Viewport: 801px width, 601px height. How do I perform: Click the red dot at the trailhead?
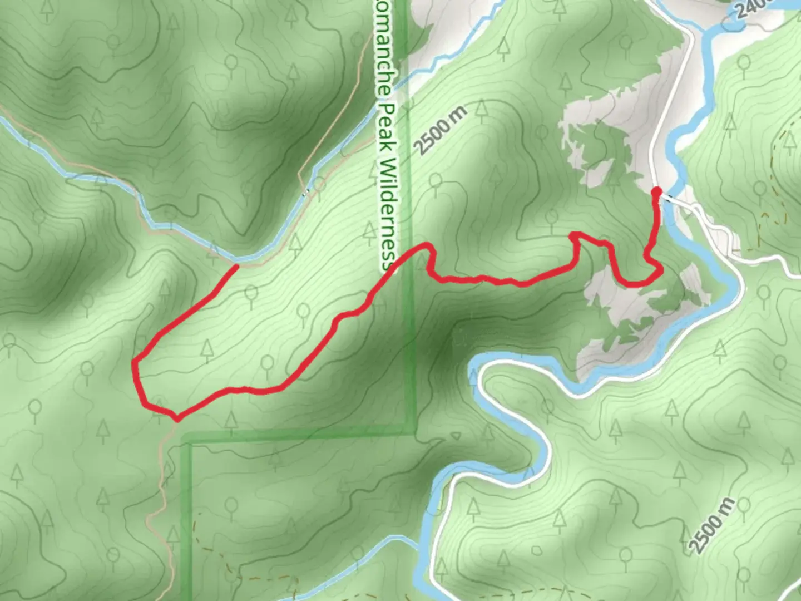(656, 192)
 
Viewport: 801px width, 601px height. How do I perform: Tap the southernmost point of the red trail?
(176, 419)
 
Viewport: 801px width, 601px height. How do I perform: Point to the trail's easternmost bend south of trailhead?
(661, 272)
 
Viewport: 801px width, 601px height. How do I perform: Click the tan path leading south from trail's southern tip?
(164, 456)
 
